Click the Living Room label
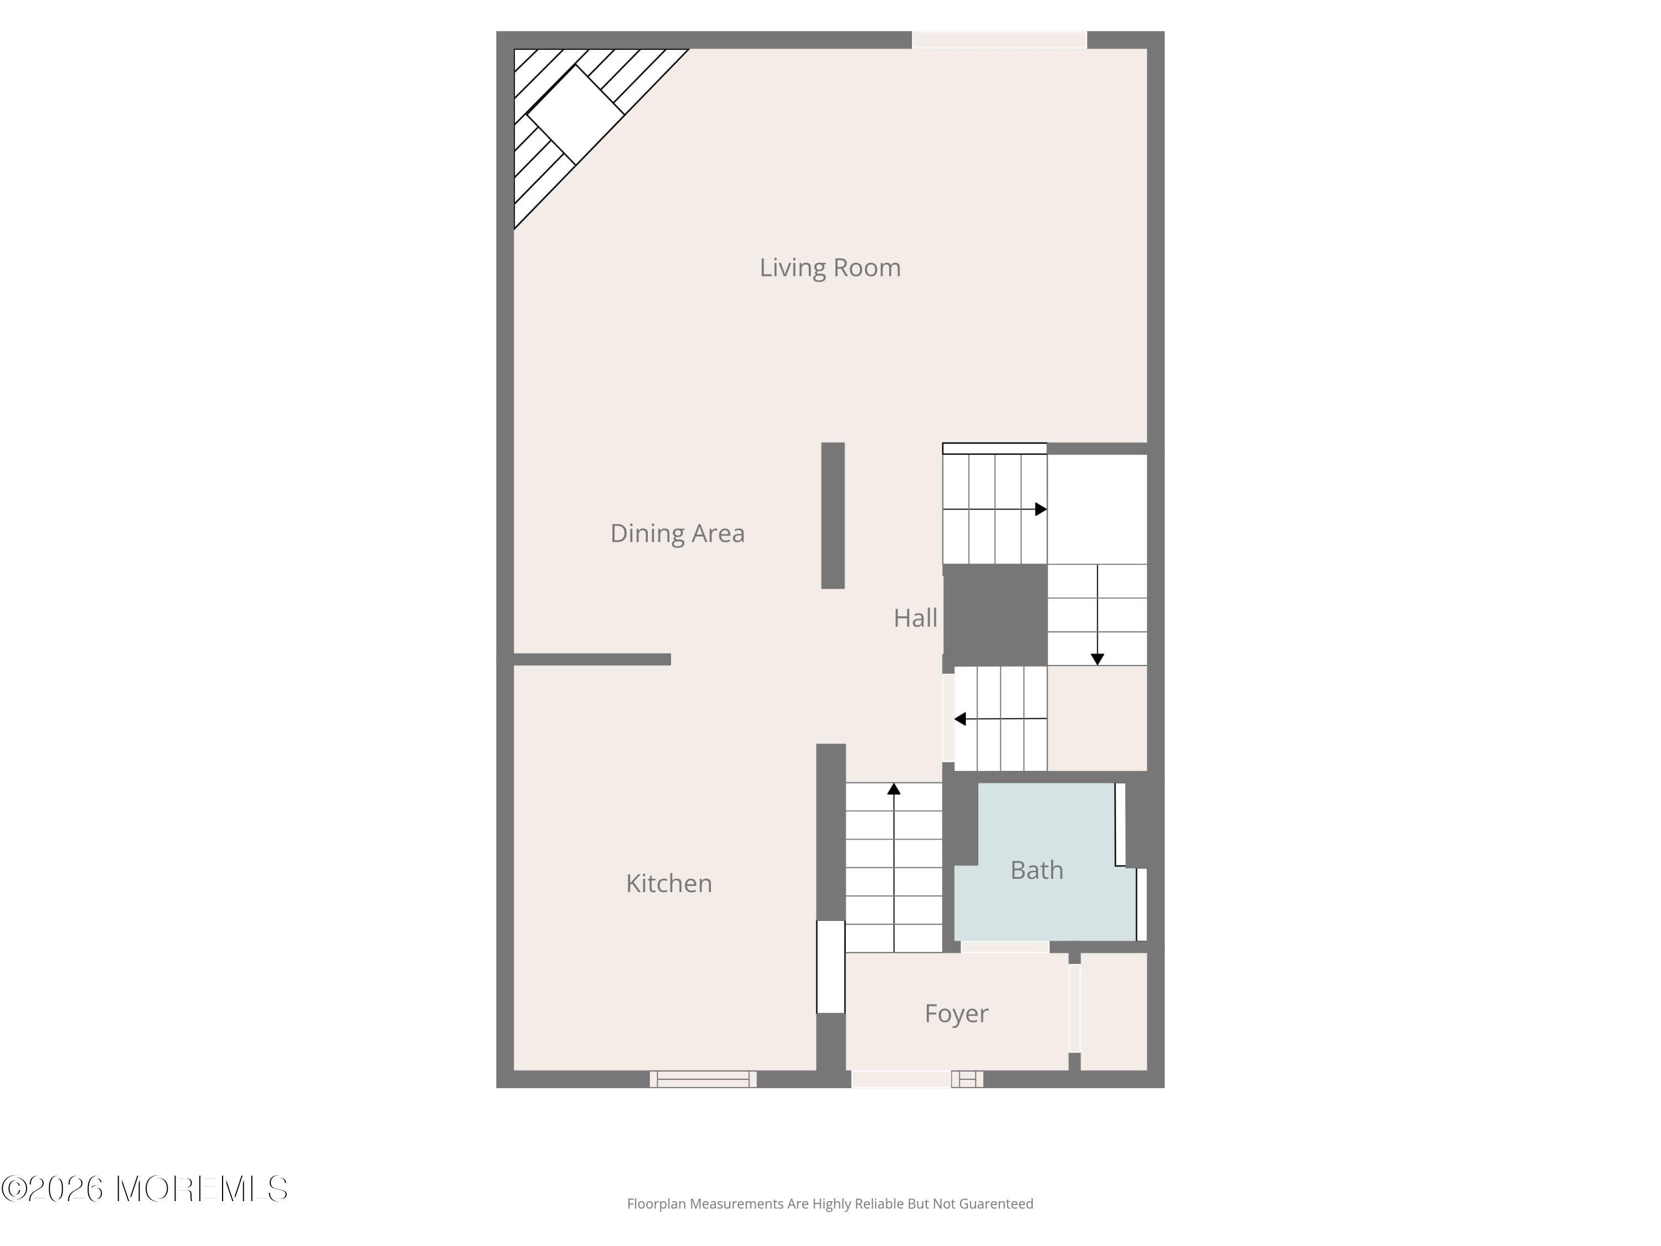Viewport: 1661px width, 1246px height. [830, 267]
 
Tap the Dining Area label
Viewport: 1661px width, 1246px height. [677, 533]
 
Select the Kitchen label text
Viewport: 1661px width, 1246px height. [668, 883]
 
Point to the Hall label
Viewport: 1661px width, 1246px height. [915, 618]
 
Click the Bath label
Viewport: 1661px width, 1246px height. [1036, 870]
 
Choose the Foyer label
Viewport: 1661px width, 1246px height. [956, 1013]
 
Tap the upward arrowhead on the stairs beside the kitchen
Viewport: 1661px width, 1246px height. [894, 789]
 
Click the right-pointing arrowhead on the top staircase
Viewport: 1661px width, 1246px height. [1041, 509]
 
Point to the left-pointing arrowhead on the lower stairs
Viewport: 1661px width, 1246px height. [960, 719]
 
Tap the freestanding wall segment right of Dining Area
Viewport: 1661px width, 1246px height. [833, 515]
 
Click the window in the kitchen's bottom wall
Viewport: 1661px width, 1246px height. [703, 1079]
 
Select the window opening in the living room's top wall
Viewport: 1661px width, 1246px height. [999, 40]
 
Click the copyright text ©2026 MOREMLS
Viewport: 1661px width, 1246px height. [144, 1189]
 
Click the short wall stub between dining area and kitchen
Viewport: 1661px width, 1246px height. [592, 660]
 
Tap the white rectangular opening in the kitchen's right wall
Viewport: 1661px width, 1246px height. [830, 966]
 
